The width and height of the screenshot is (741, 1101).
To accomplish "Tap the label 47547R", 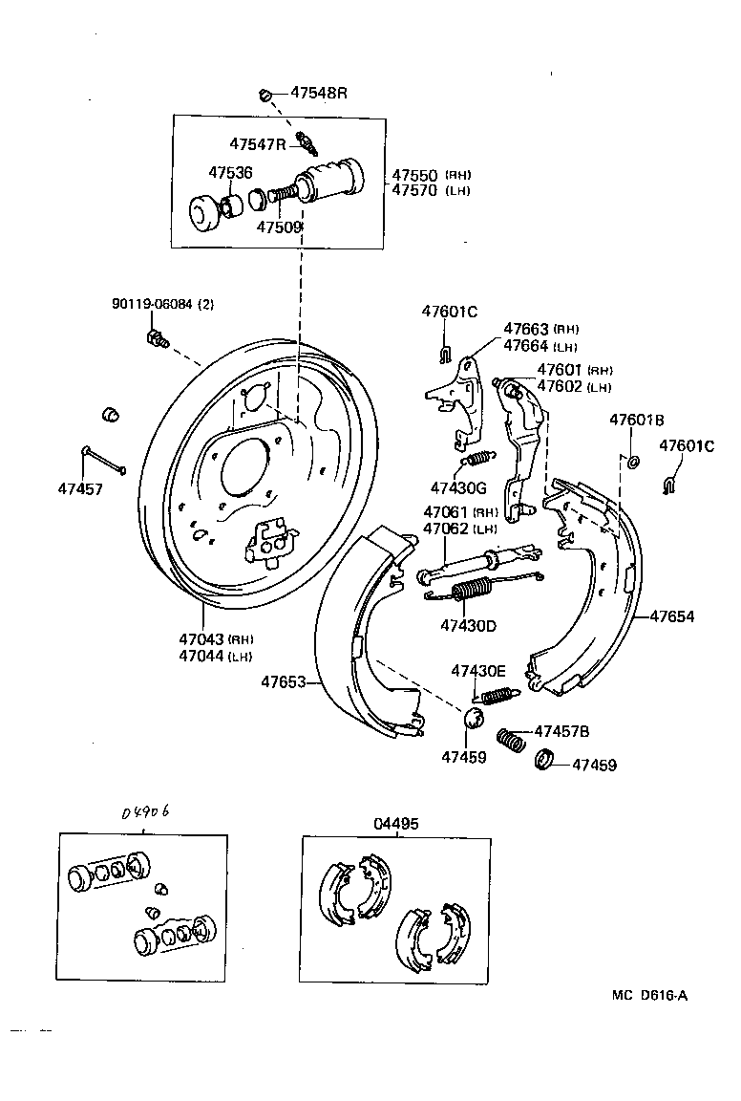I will tap(257, 144).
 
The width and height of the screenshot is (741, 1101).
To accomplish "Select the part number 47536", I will tap(230, 172).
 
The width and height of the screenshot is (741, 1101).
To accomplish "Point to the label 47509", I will tap(279, 227).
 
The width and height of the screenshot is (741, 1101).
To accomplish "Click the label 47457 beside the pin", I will tap(79, 488).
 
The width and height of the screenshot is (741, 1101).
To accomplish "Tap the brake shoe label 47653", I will tap(284, 681).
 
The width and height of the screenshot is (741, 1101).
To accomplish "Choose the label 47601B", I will tap(637, 421).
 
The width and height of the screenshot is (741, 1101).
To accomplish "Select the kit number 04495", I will tap(395, 823).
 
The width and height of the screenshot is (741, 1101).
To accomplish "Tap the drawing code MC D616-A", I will tap(649, 995).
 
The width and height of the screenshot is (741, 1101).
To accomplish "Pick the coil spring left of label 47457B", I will tap(514, 740).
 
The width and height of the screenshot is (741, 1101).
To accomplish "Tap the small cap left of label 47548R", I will tap(266, 94).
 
